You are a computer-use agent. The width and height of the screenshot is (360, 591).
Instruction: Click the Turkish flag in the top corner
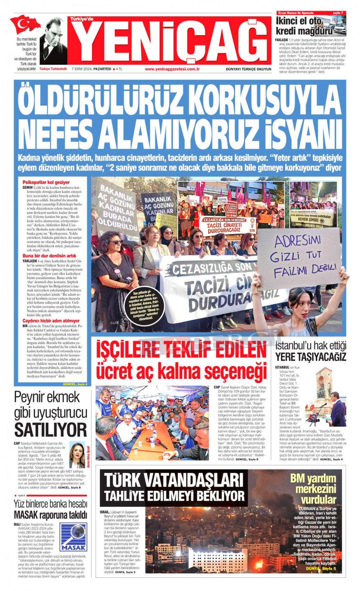click(x=25, y=24)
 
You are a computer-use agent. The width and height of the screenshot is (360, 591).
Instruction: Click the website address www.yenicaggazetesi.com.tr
click(x=172, y=69)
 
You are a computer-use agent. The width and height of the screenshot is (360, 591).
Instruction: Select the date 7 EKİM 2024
click(x=82, y=69)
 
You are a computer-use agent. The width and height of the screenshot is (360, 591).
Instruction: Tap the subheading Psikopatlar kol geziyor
click(x=46, y=182)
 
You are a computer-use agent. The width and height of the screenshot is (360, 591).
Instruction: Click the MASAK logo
click(x=73, y=536)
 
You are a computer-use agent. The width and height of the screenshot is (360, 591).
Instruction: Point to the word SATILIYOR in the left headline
click(x=50, y=430)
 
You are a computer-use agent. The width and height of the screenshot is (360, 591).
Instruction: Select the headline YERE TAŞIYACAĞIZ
click(x=311, y=357)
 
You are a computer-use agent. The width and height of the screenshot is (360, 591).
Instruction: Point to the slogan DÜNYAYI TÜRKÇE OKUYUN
click(x=248, y=69)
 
